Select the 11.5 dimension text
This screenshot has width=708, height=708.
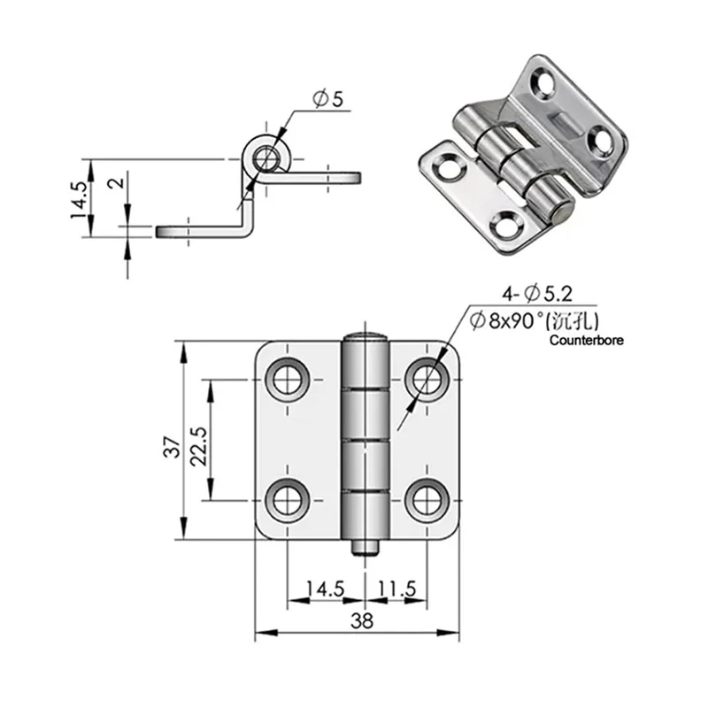point(392,589)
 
